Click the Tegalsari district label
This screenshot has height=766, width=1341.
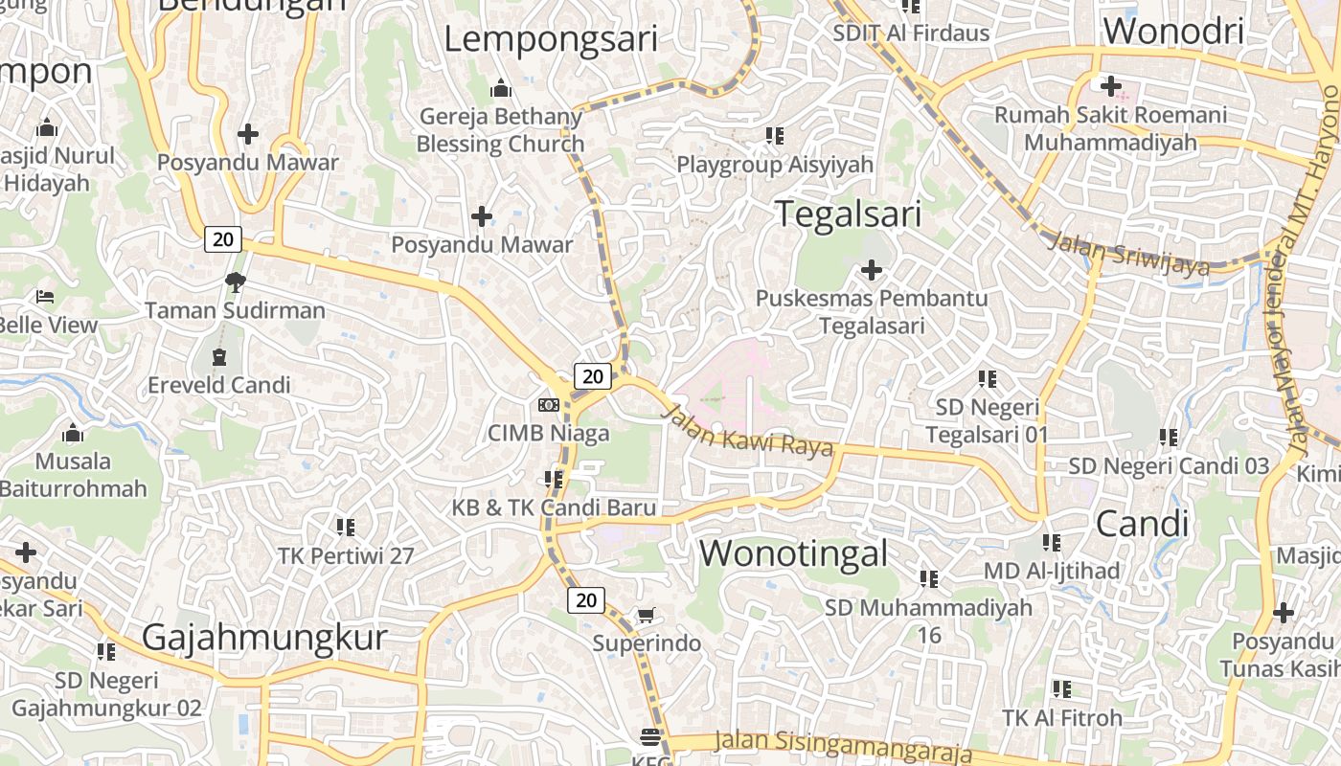coord(848,214)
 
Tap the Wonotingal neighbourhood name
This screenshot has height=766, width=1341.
coord(793,553)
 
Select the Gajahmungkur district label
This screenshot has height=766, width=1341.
coord(264,637)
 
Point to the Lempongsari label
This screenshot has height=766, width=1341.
coord(551,39)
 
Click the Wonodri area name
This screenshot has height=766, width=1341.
coord(1173,31)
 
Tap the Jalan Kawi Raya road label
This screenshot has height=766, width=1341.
coord(747,432)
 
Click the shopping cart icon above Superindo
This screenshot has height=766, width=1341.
coord(647,614)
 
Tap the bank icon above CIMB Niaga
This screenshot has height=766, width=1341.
coord(549,405)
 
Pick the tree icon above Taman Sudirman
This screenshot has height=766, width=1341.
coord(235,282)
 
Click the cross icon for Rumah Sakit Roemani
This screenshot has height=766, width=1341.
coord(1111,86)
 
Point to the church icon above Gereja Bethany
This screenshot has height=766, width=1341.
coord(500,89)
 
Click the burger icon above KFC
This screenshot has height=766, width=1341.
coord(650,736)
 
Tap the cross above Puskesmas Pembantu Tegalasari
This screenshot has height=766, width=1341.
coord(872,270)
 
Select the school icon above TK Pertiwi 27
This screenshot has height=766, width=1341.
coord(346,527)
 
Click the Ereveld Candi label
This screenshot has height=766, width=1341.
coord(218,385)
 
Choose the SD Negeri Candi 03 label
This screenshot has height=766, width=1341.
coord(1169,466)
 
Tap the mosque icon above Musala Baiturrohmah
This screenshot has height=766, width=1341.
coord(73,434)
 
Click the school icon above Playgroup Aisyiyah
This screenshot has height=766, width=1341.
coord(775,136)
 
